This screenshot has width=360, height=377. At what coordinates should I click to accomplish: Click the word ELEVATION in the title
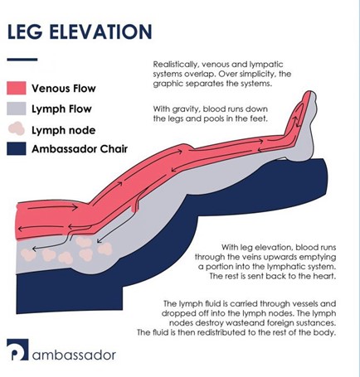(x=100, y=31)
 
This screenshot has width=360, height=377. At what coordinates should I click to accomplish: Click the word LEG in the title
(x=25, y=31)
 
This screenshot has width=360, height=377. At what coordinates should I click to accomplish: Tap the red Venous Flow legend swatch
(x=17, y=88)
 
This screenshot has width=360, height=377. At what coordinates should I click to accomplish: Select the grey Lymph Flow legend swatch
(x=17, y=109)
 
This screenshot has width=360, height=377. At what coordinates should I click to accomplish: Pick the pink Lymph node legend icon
(x=17, y=128)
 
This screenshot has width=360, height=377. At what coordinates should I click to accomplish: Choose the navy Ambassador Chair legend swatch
(x=17, y=148)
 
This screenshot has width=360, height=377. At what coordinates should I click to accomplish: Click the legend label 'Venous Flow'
(x=64, y=89)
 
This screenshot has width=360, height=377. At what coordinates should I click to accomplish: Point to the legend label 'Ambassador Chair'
(x=80, y=149)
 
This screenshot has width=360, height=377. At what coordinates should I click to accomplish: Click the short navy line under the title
(x=22, y=60)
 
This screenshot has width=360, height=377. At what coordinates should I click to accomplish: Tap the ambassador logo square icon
(x=17, y=350)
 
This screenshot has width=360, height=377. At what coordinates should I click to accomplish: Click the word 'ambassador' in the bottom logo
(x=74, y=355)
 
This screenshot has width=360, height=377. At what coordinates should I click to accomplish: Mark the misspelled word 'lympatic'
(x=266, y=65)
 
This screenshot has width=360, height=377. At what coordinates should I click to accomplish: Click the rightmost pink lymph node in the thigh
(x=105, y=249)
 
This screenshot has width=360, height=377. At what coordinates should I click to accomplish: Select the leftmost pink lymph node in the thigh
(x=28, y=255)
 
